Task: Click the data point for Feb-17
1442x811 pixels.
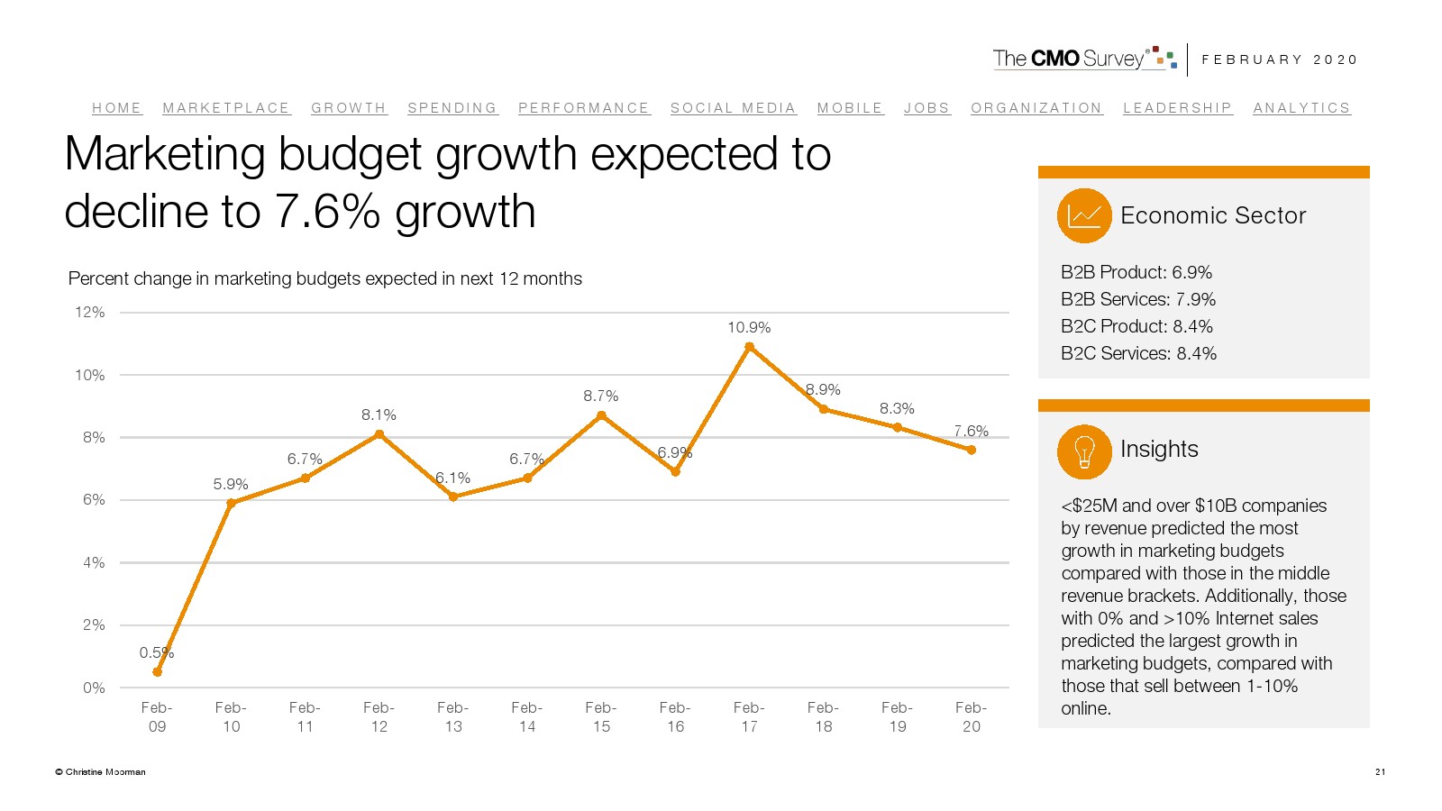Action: click(x=749, y=347)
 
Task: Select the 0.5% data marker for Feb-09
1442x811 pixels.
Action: click(x=158, y=672)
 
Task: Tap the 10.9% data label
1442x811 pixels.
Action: click(x=749, y=328)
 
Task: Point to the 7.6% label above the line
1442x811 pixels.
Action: click(x=971, y=432)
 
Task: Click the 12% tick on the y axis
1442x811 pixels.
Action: click(x=90, y=313)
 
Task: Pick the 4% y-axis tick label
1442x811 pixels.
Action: click(x=94, y=563)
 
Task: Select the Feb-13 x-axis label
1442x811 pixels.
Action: click(x=453, y=717)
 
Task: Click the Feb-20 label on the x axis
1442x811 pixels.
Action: click(x=971, y=717)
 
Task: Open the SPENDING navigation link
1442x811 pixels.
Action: click(x=452, y=108)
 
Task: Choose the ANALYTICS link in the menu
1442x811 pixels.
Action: click(x=1301, y=108)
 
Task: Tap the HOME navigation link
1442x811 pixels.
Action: click(x=116, y=108)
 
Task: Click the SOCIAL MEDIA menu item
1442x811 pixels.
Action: click(x=733, y=108)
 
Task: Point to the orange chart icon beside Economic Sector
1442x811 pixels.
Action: click(x=1084, y=215)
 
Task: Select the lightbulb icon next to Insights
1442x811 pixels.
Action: click(x=1084, y=451)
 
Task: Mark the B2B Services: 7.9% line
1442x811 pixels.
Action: click(x=1138, y=299)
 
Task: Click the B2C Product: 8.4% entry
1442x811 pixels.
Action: click(x=1136, y=326)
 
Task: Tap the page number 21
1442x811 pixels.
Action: click(x=1380, y=771)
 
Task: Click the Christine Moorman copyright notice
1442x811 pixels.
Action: click(x=100, y=772)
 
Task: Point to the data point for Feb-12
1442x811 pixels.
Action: click(x=379, y=434)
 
